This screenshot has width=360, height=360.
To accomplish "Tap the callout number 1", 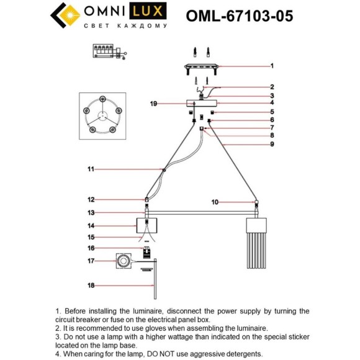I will click(x=272, y=65).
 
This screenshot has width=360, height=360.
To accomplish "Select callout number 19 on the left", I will click(x=153, y=104).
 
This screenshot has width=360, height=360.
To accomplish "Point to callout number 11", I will click(x=91, y=169).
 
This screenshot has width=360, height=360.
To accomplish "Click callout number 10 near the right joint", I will click(x=215, y=202).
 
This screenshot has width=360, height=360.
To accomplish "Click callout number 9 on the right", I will click(x=272, y=144).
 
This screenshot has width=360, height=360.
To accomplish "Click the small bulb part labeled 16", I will click(x=146, y=251).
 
